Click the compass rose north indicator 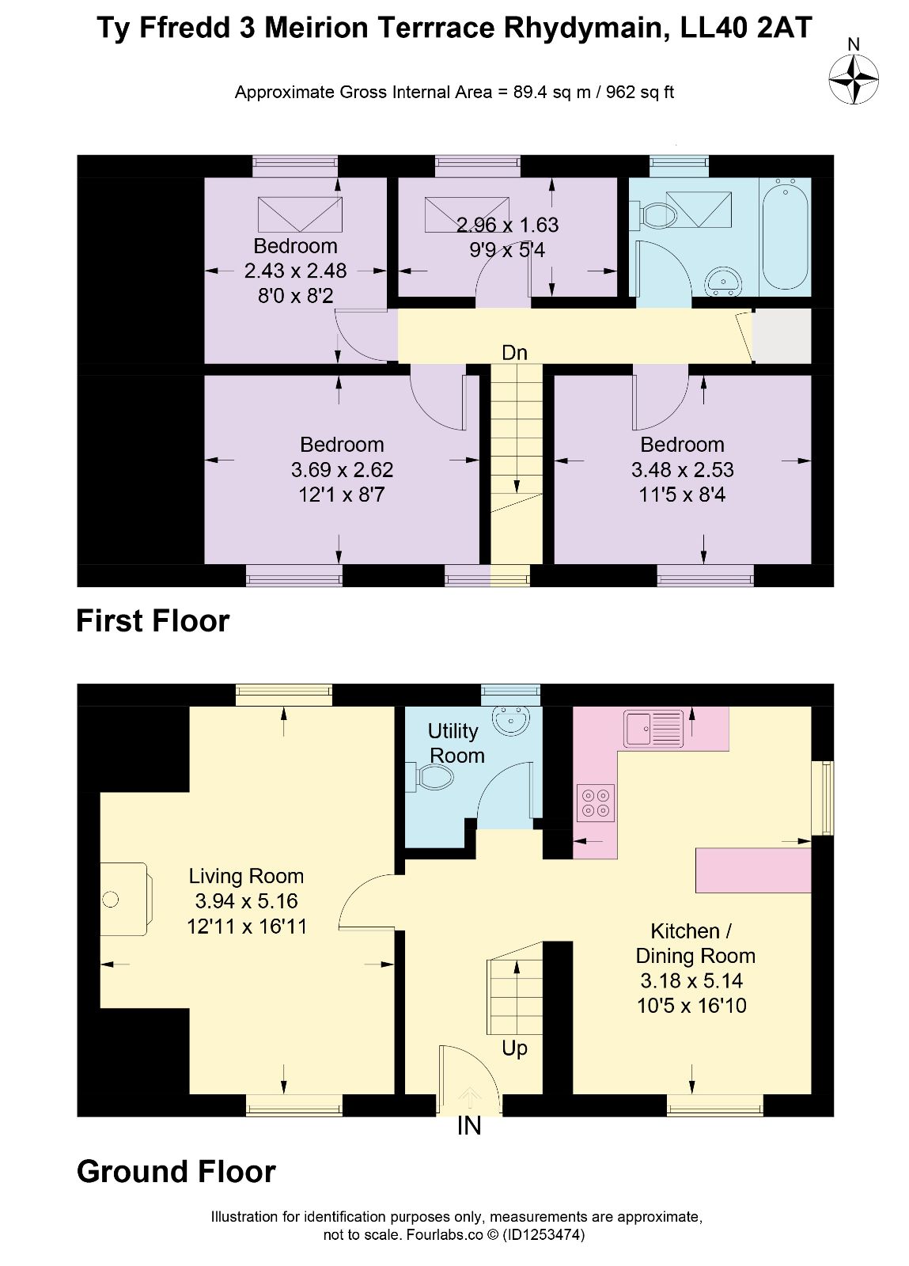point(853,78)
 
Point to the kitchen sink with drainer point(653,728)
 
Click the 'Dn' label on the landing point(514,353)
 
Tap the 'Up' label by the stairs point(514,1048)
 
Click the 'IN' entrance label point(469,1126)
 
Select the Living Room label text point(246,876)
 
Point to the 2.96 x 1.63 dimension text point(507,225)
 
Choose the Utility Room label point(455,743)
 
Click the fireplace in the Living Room point(126,899)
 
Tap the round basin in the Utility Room point(512,721)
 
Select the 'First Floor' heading point(153,620)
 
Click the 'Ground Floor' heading point(176,1172)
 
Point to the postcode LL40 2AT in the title point(746,27)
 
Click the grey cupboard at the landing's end point(782,335)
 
